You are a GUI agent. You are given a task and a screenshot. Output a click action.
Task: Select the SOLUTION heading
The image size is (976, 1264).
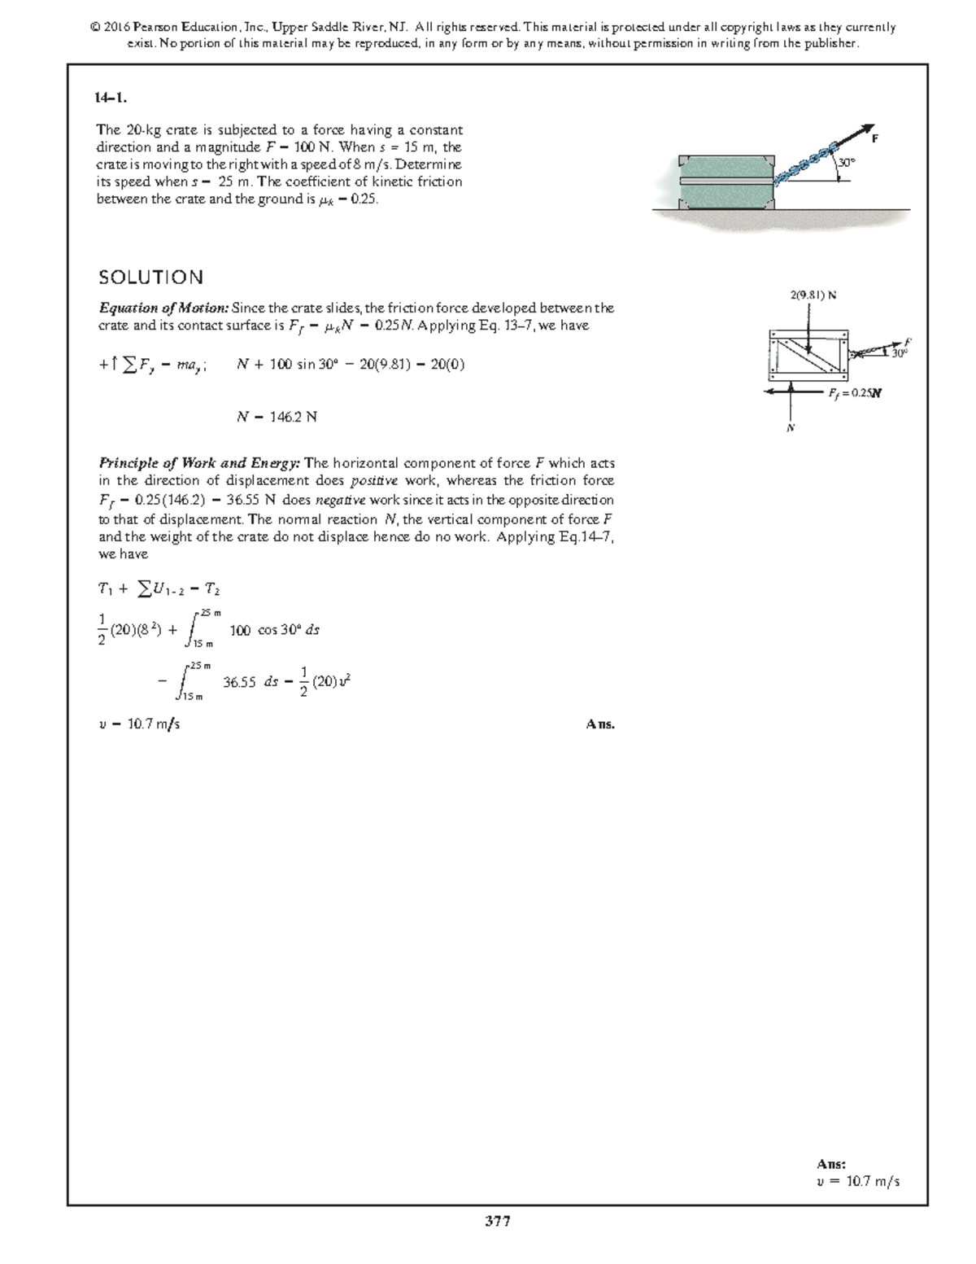coord(150,278)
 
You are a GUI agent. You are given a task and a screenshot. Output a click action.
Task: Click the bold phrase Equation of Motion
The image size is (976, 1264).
coord(163,308)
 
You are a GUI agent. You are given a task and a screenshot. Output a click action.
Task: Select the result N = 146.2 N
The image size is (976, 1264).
coord(277,417)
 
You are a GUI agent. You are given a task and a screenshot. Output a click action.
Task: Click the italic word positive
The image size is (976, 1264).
coord(374,481)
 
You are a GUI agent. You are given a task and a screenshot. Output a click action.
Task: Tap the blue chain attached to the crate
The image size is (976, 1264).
coord(805,162)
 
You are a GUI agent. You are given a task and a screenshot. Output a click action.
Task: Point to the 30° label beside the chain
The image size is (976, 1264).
coord(847,163)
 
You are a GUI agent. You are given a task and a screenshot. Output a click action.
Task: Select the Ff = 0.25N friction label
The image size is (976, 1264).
coord(855,393)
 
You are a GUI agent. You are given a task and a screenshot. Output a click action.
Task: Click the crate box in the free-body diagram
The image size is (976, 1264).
coord(808,355)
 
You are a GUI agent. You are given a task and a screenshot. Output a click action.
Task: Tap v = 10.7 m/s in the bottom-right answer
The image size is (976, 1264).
coord(858,1182)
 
